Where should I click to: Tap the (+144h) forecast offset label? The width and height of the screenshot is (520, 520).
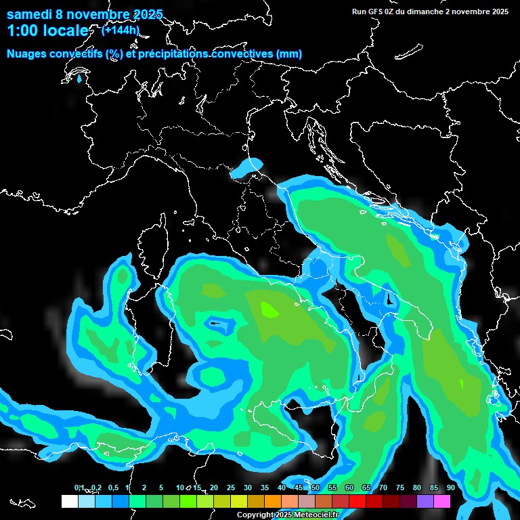pos(121,29)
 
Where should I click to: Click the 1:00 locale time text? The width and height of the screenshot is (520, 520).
pos(47,30)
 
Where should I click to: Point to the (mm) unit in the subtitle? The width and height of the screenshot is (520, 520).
pos(288,54)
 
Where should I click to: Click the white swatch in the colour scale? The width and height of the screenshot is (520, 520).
pos(69,501)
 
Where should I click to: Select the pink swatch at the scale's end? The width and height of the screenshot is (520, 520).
pos(441,501)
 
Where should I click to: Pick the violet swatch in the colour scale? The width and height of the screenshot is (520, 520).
pos(425,501)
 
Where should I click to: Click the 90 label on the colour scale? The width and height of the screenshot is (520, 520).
pos(450,487)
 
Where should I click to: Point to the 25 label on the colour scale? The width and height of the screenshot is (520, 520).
pos(231,487)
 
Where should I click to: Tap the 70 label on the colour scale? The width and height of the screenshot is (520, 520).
pos(383,487)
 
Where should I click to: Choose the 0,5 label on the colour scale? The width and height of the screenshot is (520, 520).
pos(112,487)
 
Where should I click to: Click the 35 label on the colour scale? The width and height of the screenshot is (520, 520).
pos(265,487)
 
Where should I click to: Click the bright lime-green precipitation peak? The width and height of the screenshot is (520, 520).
pos(269,309)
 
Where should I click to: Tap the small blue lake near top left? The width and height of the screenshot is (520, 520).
pos(80,79)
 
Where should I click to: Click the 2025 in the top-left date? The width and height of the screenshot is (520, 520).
pos(148,14)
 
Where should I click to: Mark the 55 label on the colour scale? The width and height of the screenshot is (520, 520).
pos(332,487)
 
